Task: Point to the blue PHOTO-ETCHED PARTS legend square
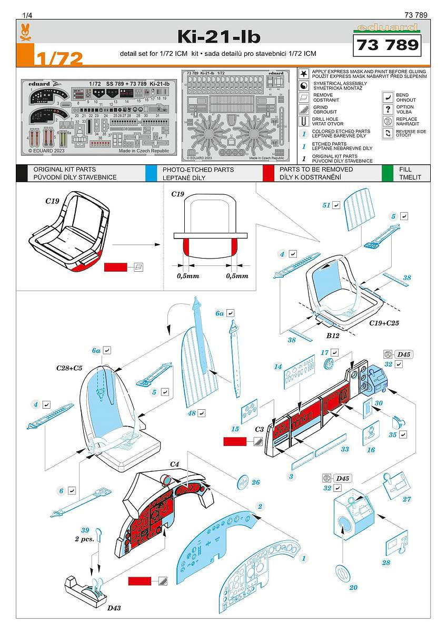[x=151, y=173]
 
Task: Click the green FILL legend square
[x=388, y=173]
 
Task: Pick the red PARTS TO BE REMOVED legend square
[x=269, y=173]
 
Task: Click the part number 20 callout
[x=353, y=587]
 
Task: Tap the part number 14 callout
[x=278, y=367]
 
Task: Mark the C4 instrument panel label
[x=175, y=463]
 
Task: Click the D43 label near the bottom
[x=115, y=608]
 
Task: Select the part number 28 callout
[x=386, y=562]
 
